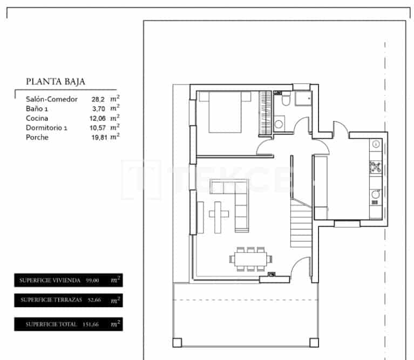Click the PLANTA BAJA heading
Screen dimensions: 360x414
point(56,82)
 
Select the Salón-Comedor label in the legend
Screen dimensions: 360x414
point(52,99)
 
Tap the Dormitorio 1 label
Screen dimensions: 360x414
point(47,128)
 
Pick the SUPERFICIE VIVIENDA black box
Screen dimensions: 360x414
point(68,280)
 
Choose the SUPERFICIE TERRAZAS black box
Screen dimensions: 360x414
point(68,300)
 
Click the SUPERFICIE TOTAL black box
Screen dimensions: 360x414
point(68,324)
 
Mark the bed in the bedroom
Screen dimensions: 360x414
point(225,112)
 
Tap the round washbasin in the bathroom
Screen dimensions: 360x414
point(280,124)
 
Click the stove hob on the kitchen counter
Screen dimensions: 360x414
point(376,167)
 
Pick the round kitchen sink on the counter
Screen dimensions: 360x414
point(376,193)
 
